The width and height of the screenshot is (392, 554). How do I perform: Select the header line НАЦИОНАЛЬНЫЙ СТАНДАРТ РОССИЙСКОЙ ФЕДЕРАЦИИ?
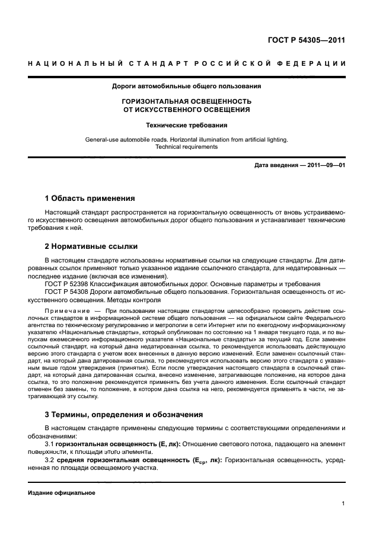tap(187, 64)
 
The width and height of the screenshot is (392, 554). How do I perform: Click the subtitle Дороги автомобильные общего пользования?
tap(187, 87)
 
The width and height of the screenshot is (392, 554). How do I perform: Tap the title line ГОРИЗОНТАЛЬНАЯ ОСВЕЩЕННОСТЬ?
tap(187, 101)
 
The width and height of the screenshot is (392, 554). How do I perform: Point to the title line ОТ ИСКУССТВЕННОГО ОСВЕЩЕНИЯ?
tap(187, 110)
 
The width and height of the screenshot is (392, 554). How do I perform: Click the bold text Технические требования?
tap(187, 125)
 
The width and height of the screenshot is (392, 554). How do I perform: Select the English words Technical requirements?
tap(187, 147)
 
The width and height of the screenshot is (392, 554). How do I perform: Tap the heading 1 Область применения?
tap(90, 198)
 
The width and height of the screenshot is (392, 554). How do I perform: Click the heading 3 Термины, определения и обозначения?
tap(124, 414)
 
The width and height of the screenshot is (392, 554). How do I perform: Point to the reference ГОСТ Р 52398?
tap(71, 284)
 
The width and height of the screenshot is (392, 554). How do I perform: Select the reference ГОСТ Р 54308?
tap(71, 292)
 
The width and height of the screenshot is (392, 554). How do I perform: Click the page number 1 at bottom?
tap(343, 504)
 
